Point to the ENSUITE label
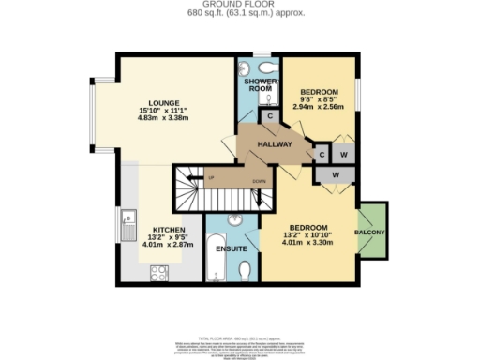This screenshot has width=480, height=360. tap(231, 249)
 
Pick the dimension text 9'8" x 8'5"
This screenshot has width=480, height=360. tap(316, 100)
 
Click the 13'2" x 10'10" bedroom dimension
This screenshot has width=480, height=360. tap(308, 236)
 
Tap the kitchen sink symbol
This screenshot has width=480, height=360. tap(128, 224)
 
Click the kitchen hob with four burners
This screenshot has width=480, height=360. tap(159, 273)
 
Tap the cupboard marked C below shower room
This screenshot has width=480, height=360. tap(269, 117)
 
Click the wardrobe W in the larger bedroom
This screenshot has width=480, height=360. tap(332, 175)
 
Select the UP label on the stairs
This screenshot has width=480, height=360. tap(212, 178)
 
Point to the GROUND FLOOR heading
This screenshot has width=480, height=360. tap(239, 5)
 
